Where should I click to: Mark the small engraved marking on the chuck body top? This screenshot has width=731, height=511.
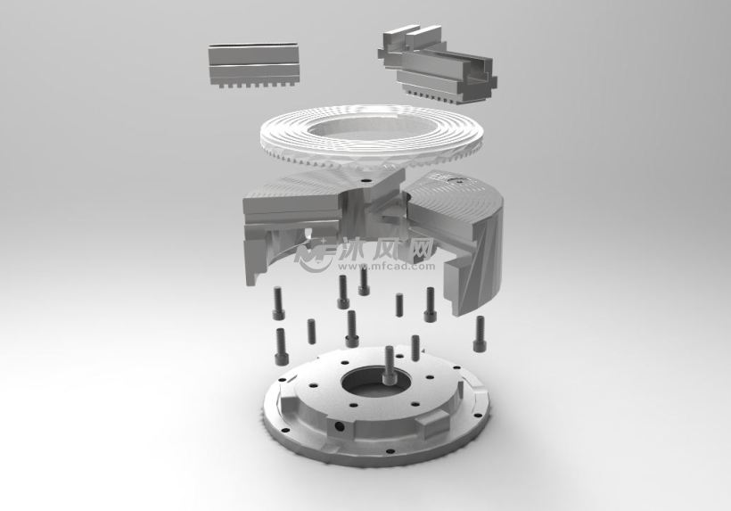click(x=460, y=181)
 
